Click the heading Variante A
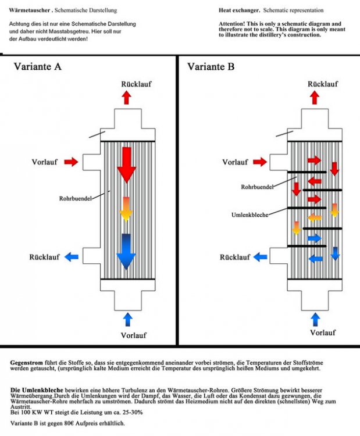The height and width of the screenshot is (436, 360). click(x=38, y=66)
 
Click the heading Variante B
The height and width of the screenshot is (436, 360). click(x=211, y=66)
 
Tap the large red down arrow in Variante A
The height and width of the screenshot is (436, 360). click(x=127, y=165)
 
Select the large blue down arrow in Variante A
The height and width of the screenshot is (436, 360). click(x=126, y=252)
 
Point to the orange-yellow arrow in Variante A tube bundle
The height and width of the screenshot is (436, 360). click(x=126, y=209)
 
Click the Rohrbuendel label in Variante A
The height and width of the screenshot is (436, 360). click(x=76, y=199)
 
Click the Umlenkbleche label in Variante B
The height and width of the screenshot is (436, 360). click(x=250, y=215)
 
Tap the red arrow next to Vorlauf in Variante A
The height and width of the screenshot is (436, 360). click(x=71, y=162)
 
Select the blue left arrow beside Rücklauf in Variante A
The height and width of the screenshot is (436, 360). click(x=72, y=257)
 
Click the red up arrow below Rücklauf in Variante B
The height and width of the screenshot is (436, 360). click(x=315, y=98)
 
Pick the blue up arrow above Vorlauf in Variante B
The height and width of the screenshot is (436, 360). click(x=315, y=319)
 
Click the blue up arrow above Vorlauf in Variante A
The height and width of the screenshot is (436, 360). click(x=128, y=319)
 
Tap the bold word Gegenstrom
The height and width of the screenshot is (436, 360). click(x=26, y=363)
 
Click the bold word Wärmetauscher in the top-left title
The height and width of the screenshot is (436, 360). click(x=30, y=10)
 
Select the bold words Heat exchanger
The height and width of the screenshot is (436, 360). click(x=239, y=10)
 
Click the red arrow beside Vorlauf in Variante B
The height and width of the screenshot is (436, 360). click(x=260, y=162)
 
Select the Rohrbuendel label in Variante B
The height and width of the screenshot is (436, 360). click(x=257, y=187)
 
